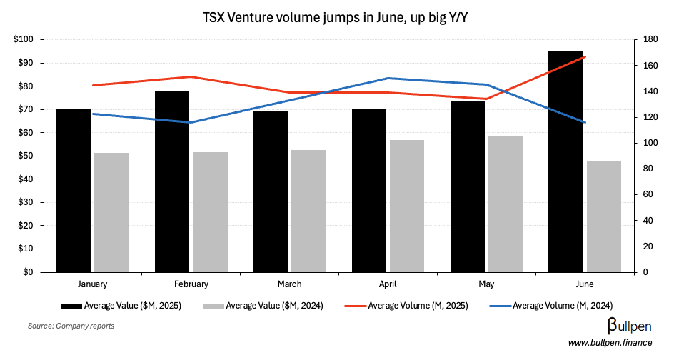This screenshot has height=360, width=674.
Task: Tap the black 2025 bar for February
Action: pos(172,181)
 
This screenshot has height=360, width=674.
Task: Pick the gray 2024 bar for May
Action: pos(505,204)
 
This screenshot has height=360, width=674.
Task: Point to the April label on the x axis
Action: pos(388,284)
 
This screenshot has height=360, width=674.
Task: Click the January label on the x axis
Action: pos(92,284)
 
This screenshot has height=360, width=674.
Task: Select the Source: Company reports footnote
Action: pos(71,326)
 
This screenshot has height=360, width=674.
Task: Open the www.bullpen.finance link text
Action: pos(610,344)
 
